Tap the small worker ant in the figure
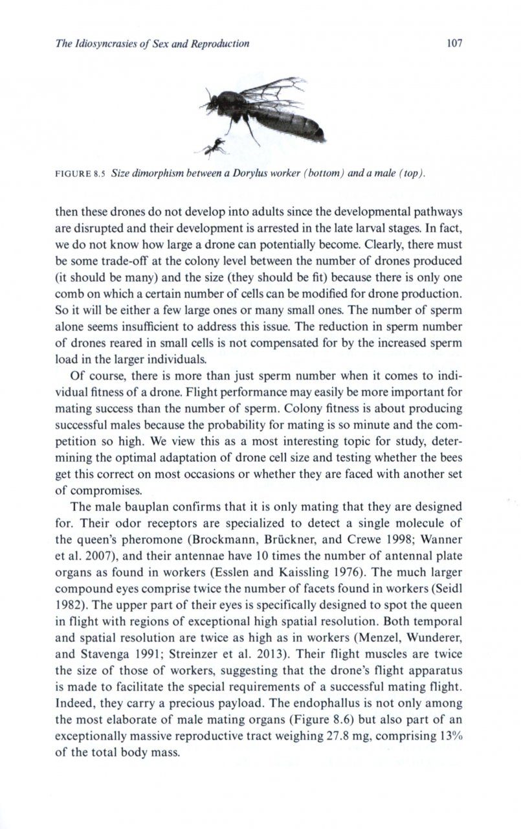coord(216,150)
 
